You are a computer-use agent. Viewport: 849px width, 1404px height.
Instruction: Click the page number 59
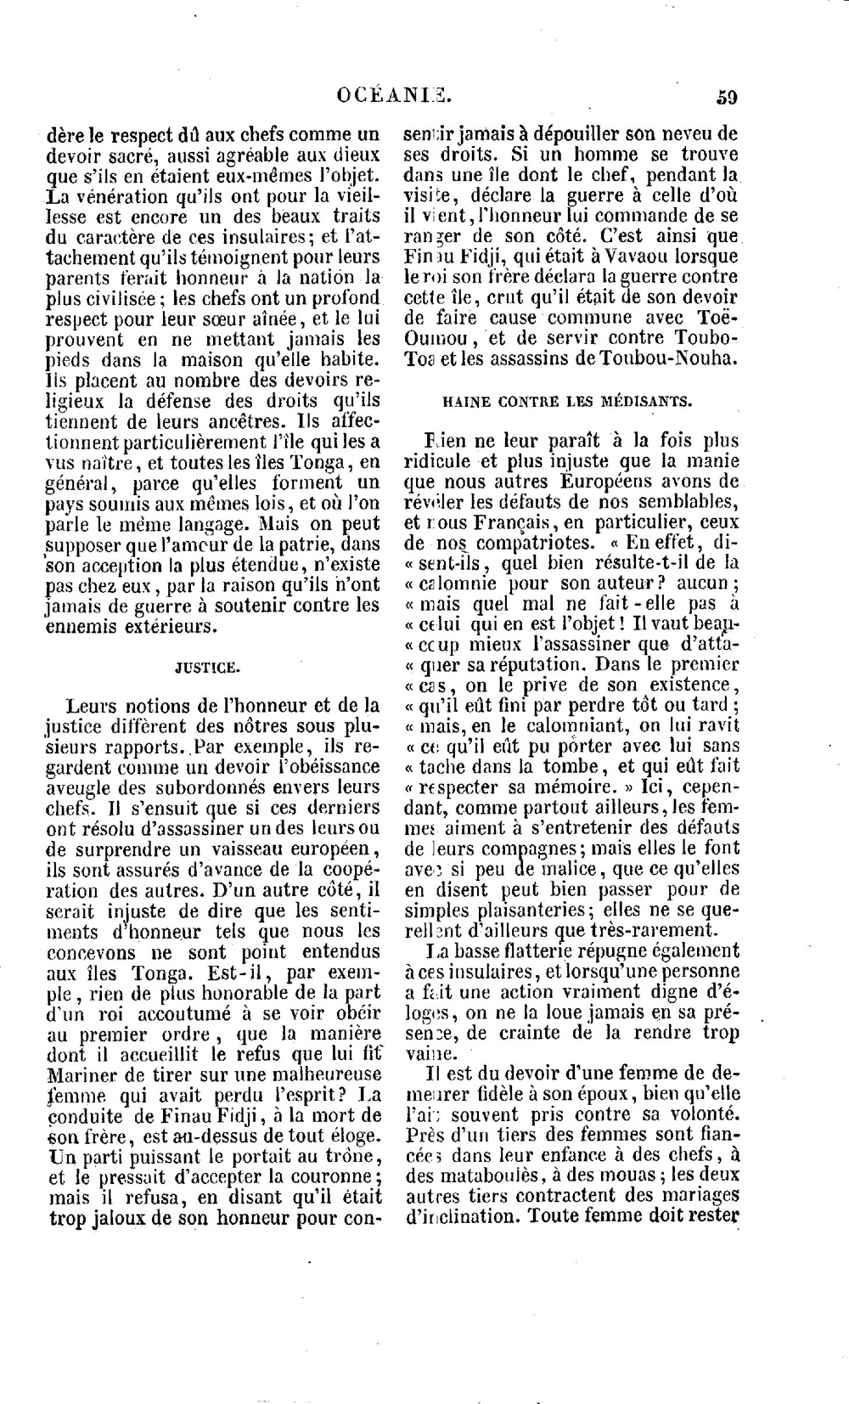click(x=726, y=96)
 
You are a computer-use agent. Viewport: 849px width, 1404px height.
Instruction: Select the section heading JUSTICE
click(x=208, y=668)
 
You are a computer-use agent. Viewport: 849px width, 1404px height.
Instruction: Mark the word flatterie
click(x=535, y=950)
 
